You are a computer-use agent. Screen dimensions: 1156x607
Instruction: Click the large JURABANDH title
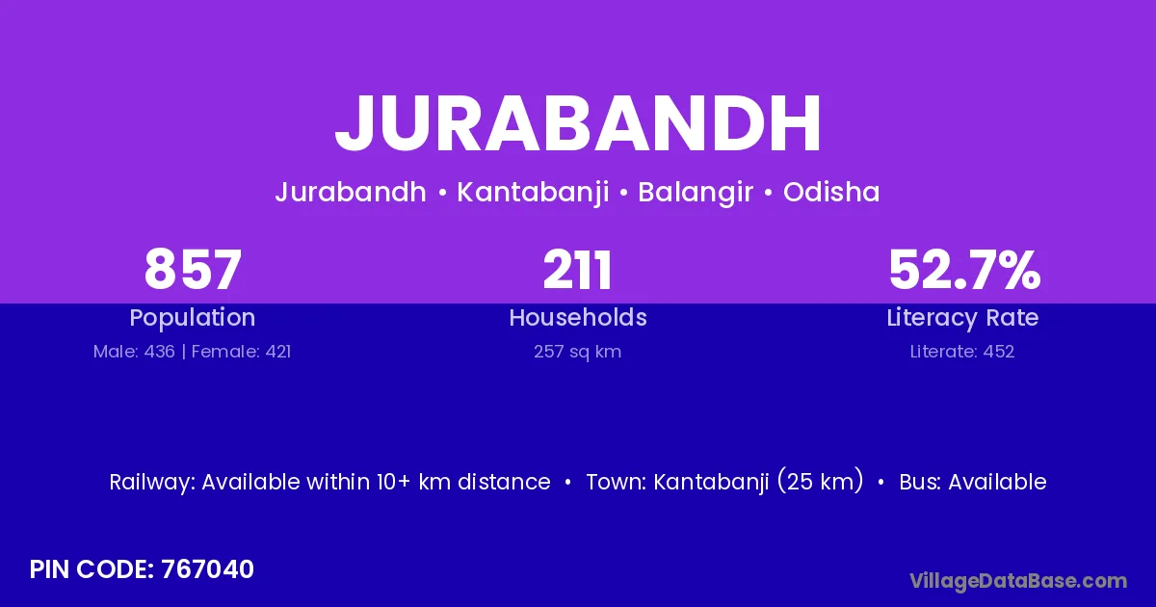pos(578,123)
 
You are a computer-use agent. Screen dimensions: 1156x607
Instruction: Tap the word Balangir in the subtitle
pos(696,193)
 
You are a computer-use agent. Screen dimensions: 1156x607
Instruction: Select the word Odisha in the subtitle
pos(831,192)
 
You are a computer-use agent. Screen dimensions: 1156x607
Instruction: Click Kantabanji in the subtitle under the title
pos(533,193)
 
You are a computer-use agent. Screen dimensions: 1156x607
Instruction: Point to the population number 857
pos(193,270)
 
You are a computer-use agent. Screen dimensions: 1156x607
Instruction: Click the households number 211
pos(577,270)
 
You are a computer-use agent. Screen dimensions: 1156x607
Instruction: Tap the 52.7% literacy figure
pos(964,270)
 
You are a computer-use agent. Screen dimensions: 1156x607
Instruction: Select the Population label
pos(193,318)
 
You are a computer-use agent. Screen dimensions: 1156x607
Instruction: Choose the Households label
pos(578,317)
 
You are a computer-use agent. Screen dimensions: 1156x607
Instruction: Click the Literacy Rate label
pos(963,318)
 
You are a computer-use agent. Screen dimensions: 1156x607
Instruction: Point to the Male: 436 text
pos(134,352)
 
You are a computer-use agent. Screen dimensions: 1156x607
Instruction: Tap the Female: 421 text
pos(241,352)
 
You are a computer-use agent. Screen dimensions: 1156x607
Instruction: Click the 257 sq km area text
pos(577,352)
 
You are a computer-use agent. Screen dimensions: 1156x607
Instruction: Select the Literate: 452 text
pos(962,352)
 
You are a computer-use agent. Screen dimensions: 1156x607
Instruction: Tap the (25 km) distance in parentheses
pos(821,481)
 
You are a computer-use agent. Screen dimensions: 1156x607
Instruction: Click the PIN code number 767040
pos(207,569)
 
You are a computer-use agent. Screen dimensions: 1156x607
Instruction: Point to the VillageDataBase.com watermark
pos(1018,581)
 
